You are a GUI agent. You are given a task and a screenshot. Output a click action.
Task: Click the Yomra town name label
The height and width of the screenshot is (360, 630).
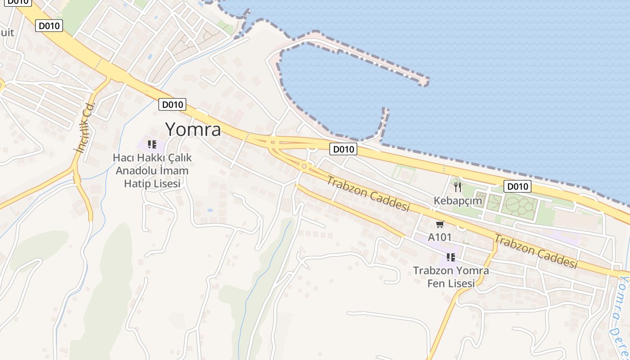click(x=193, y=130)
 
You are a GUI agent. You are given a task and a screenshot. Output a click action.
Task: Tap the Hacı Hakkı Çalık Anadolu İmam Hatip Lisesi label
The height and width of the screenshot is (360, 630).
click(x=152, y=171)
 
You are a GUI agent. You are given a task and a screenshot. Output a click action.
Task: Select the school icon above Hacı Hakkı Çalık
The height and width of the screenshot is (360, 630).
click(x=152, y=144)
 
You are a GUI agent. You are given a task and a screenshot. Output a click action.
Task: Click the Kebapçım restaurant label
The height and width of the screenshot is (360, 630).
click(x=458, y=201)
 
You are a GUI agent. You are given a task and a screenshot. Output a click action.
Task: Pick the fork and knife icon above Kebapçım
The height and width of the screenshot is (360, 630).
click(x=458, y=187)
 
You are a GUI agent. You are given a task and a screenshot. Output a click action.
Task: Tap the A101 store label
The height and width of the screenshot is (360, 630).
click(x=440, y=237)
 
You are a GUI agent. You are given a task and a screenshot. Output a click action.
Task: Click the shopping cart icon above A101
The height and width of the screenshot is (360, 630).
click(x=440, y=224)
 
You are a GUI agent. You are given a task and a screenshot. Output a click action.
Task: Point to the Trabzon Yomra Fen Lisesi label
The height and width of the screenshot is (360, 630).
click(x=451, y=277)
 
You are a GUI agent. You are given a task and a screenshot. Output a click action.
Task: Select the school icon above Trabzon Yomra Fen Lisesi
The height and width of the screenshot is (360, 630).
click(x=450, y=257)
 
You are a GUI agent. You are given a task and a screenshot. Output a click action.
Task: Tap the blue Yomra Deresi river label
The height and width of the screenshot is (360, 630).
click(x=621, y=315)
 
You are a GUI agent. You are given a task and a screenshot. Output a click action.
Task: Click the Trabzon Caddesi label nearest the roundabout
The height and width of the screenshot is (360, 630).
click(x=368, y=193)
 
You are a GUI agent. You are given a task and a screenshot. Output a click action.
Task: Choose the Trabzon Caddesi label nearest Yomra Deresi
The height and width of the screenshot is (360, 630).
click(x=535, y=251)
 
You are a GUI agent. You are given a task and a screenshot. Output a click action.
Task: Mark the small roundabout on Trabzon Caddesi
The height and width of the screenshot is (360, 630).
click(x=305, y=166)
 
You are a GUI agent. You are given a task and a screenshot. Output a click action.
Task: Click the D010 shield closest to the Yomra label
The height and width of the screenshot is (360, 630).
click(x=172, y=105)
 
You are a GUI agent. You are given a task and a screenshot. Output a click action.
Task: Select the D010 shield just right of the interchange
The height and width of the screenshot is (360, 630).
click(x=343, y=149)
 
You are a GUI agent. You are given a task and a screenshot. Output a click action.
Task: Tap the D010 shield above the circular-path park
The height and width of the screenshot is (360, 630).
click(x=517, y=186)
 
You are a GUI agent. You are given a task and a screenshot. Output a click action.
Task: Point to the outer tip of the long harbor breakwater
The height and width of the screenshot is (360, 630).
click(x=424, y=82)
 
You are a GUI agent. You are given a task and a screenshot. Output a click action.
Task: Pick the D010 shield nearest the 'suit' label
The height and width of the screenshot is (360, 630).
click(x=49, y=26)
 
